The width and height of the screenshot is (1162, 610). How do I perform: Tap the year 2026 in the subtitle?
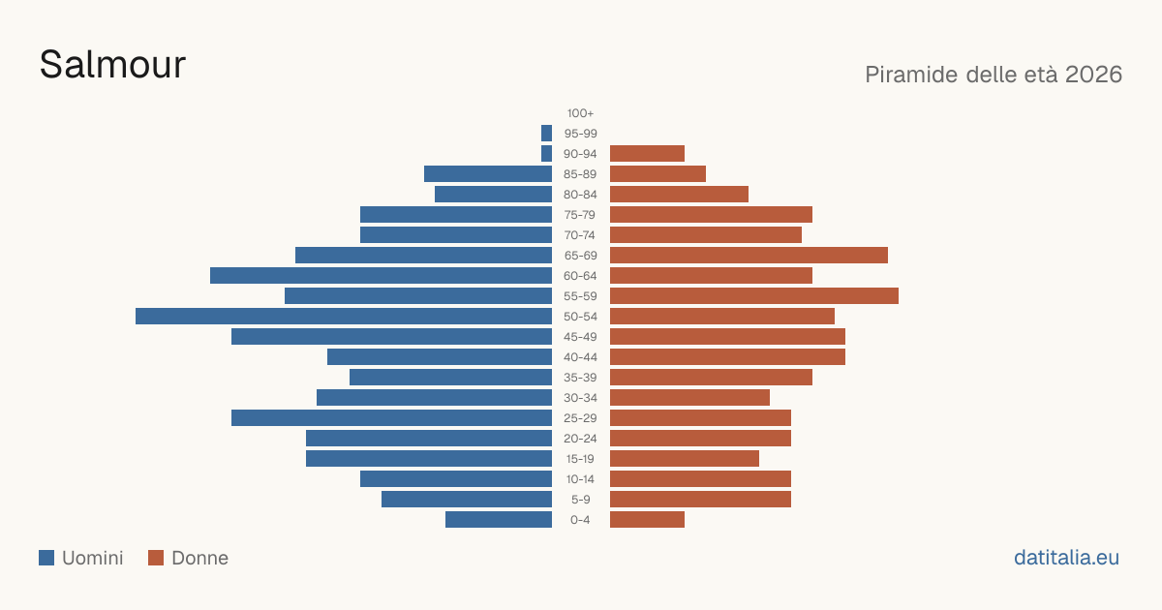1093,75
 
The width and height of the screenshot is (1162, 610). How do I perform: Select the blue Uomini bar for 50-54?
344,317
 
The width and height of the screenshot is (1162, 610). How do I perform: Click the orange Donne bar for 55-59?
754,296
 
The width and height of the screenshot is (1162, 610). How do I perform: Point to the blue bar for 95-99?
546,134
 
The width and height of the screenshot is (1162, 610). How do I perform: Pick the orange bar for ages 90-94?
648,154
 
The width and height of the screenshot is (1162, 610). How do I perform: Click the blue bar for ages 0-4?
499,520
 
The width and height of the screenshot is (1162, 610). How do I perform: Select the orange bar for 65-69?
749,256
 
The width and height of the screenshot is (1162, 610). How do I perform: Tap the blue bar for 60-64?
381,275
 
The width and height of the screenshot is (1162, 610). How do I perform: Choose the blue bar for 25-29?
391,418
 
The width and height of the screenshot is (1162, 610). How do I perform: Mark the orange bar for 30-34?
689,398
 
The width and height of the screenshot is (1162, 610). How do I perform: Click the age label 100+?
580,113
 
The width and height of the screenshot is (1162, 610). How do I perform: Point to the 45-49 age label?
580,337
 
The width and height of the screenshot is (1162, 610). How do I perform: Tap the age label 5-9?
580,500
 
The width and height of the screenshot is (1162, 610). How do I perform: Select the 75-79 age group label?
580,215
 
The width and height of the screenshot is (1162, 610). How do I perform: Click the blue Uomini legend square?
46,558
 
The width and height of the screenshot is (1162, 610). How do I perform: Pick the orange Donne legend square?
156,558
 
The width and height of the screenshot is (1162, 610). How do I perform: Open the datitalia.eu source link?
1066,558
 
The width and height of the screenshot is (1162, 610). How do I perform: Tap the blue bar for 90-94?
546,154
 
